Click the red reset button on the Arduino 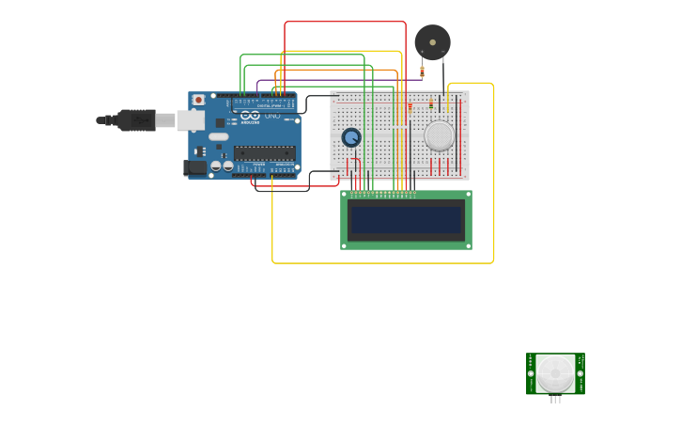(198, 100)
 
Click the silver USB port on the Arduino (191, 119)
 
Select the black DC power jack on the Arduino (195, 167)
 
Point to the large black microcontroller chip (264, 152)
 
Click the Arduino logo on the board (250, 116)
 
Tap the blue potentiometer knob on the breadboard (351, 137)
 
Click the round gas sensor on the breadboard (439, 135)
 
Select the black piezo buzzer (432, 42)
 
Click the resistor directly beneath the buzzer (422, 71)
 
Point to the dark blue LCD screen (406, 220)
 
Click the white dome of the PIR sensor (555, 373)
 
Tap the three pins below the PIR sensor (555, 400)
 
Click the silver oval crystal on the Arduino (218, 136)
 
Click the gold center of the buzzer (432, 41)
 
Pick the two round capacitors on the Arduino (222, 166)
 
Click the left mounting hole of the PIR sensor (531, 373)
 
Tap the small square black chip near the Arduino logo (220, 122)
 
